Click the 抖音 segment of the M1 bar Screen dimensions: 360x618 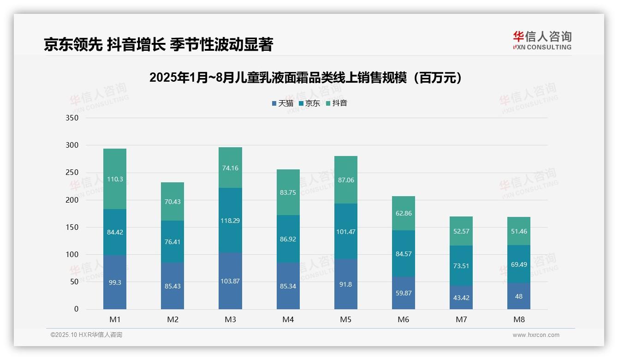[x=115, y=179]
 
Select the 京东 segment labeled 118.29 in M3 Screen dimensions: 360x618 [x=230, y=221]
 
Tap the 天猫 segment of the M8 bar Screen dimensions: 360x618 [x=519, y=296]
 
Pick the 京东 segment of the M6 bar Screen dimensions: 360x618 [x=403, y=253]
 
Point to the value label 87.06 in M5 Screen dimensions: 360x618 [x=346, y=180]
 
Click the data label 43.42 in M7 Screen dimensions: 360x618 [x=461, y=298]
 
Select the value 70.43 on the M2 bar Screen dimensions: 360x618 [x=172, y=202]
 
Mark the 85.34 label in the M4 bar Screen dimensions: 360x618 [x=288, y=286]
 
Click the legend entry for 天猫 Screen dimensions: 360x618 [x=283, y=103]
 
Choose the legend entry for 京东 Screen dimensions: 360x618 [x=309, y=103]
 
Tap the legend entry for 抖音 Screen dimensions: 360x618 [x=337, y=103]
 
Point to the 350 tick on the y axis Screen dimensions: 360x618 [x=72, y=118]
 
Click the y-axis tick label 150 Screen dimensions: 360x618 [x=72, y=228]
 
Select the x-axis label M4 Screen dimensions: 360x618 [x=288, y=319]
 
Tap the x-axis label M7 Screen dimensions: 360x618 [x=461, y=319]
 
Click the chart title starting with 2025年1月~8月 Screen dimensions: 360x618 [x=306, y=78]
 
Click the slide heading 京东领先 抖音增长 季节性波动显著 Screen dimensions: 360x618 [x=158, y=45]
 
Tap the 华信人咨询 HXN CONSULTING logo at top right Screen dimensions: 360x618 [x=542, y=41]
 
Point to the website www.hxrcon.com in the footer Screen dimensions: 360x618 [x=536, y=335]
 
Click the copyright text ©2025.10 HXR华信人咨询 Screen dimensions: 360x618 [x=86, y=335]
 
